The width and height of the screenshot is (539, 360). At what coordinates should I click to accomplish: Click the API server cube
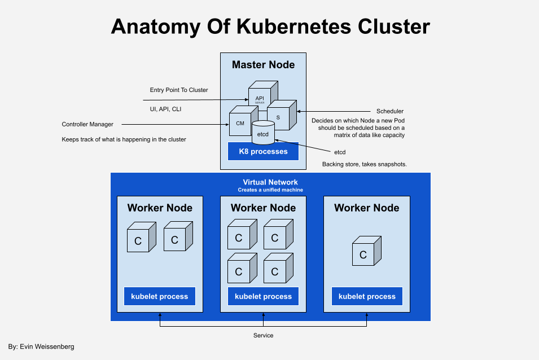[260, 97]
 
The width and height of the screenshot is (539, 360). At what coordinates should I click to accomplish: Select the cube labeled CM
[239, 123]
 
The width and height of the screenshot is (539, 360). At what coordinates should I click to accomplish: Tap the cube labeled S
[278, 117]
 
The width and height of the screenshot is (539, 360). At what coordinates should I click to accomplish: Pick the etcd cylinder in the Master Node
[263, 133]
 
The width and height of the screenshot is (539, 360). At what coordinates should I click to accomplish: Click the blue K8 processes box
[263, 151]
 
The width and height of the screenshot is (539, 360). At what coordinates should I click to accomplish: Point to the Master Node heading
[263, 65]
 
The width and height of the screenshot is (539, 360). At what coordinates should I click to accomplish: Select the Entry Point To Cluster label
[179, 90]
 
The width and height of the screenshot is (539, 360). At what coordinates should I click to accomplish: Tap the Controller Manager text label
[87, 124]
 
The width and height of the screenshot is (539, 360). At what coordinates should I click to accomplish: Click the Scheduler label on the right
[389, 111]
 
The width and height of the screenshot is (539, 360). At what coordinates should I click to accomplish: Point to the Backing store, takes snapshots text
[365, 164]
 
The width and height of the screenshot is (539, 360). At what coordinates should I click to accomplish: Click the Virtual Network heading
[270, 182]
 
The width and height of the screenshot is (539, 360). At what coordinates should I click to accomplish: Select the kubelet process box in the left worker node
[160, 296]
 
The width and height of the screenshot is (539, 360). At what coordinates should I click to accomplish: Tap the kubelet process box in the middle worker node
[263, 296]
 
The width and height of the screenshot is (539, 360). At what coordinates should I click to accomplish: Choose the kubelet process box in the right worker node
[367, 296]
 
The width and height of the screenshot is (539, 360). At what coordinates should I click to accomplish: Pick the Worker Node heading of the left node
[160, 208]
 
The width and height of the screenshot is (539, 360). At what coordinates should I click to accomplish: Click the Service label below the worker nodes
[263, 335]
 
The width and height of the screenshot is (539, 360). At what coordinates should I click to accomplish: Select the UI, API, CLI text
[165, 109]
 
